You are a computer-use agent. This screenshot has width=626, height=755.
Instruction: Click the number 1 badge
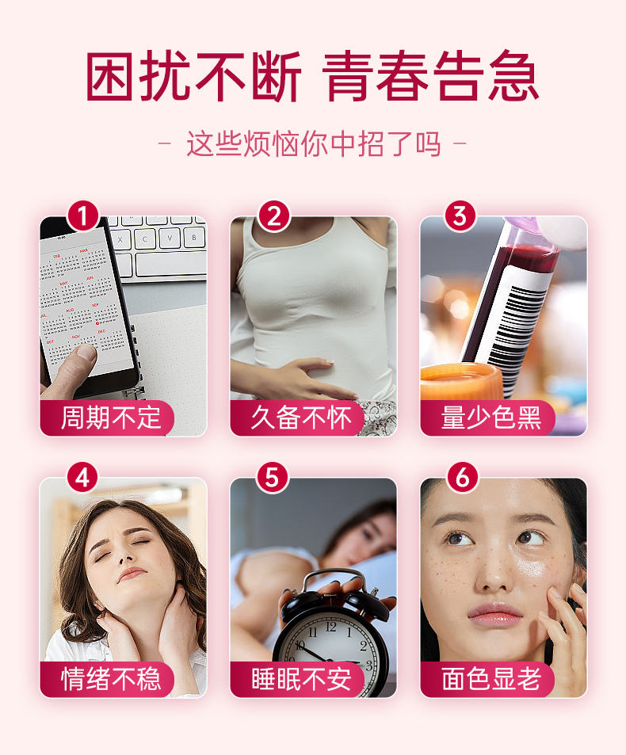(x=83, y=216)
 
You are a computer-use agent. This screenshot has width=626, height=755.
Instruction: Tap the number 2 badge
(x=274, y=216)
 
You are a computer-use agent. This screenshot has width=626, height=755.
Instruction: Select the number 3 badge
(x=460, y=216)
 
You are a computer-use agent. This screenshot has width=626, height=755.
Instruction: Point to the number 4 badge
(x=83, y=478)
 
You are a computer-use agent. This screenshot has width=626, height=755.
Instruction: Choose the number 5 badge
(x=273, y=478)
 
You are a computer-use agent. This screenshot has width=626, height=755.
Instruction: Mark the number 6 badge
(x=463, y=478)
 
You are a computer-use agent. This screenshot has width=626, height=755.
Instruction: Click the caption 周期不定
(x=111, y=418)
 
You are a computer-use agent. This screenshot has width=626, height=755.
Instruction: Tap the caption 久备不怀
(x=301, y=418)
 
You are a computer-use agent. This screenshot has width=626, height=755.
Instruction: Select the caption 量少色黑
(x=491, y=418)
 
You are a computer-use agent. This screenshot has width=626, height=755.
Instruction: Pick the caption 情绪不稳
(x=111, y=679)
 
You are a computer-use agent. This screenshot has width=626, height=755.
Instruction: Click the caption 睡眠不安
(x=301, y=679)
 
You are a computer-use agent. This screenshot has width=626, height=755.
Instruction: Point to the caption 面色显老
(x=491, y=679)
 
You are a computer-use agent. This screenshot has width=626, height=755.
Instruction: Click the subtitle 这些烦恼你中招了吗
(x=314, y=143)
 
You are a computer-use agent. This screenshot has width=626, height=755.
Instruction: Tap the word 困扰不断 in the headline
(x=193, y=76)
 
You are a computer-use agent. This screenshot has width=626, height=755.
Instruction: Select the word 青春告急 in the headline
(x=430, y=76)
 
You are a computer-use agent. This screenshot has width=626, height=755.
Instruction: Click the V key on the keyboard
(x=169, y=238)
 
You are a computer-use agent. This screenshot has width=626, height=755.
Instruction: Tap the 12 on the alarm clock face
(x=330, y=627)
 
